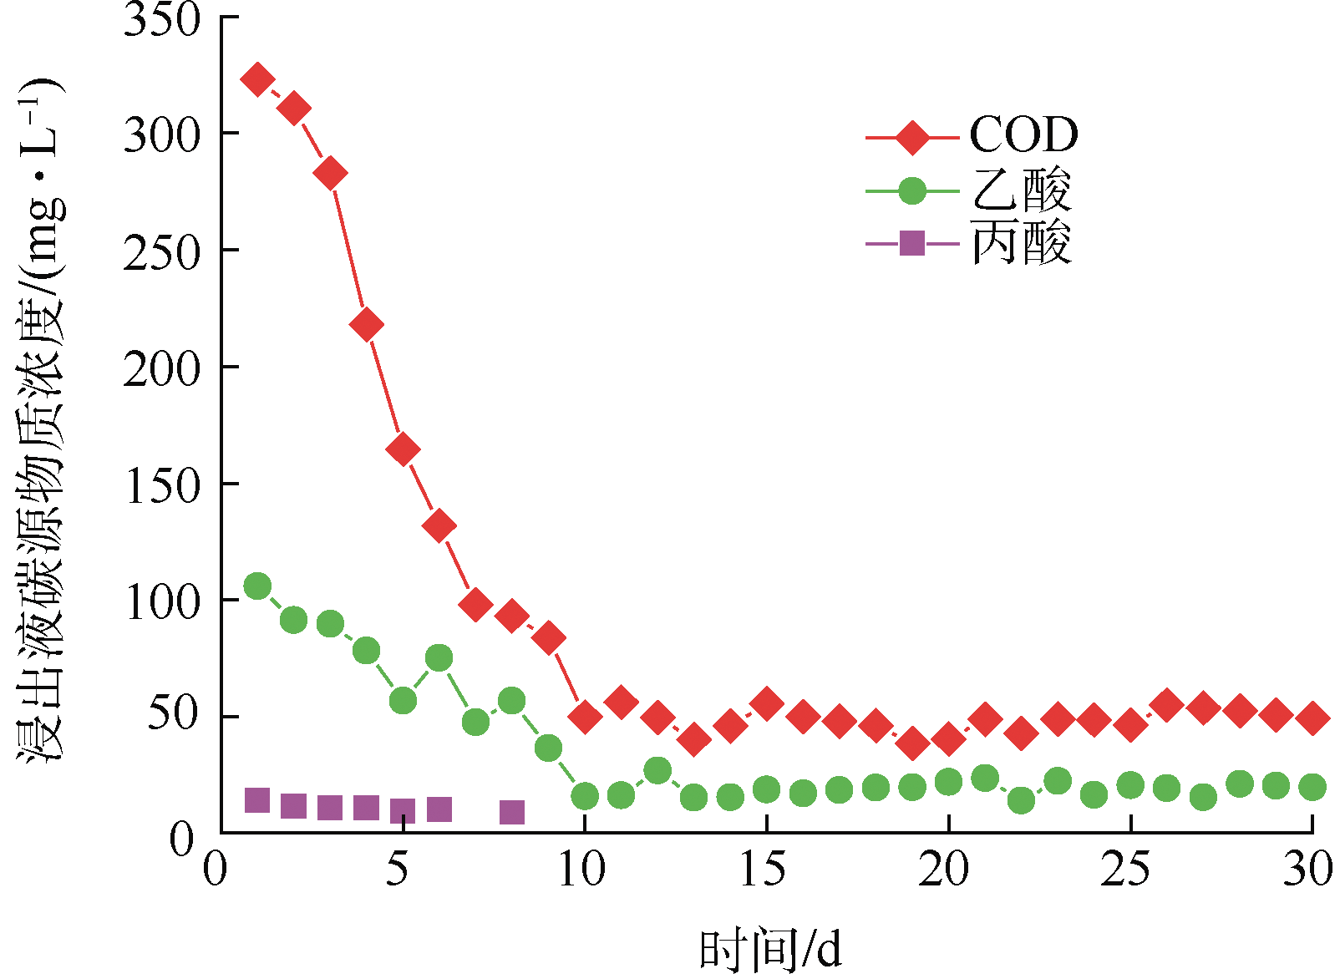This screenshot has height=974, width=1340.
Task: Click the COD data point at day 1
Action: click(x=257, y=80)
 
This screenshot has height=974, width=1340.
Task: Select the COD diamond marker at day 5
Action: click(x=403, y=449)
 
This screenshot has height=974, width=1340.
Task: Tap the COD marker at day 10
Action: click(x=585, y=717)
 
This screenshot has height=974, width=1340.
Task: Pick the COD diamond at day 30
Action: click(x=1312, y=718)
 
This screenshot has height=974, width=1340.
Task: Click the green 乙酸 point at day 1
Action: click(x=257, y=586)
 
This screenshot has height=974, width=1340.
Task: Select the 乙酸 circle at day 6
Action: click(x=439, y=657)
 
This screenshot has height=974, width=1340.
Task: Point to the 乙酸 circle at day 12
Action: click(x=657, y=770)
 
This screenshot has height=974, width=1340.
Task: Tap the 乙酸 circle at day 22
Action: click(x=1021, y=800)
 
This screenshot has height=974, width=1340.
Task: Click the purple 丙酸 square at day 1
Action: click(x=257, y=800)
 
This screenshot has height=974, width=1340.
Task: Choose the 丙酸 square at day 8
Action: click(x=512, y=812)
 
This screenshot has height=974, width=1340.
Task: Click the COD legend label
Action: click(x=1023, y=134)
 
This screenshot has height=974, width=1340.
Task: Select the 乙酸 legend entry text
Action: click(x=1021, y=190)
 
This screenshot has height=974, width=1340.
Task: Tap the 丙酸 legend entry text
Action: click(x=1021, y=244)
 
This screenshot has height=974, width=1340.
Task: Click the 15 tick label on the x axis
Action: click(x=763, y=870)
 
